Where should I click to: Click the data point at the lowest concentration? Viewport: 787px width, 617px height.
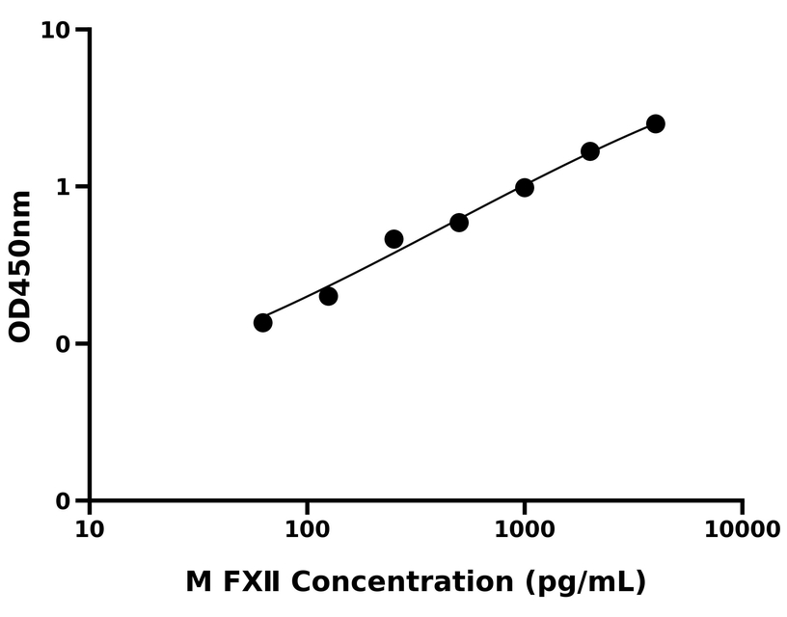262,322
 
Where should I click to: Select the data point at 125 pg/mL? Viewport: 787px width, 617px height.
328,296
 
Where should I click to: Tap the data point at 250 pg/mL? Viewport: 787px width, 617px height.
393,239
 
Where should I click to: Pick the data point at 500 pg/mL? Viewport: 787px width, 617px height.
459,223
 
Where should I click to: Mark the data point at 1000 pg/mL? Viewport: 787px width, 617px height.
525,187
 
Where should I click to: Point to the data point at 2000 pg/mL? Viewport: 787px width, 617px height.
590,151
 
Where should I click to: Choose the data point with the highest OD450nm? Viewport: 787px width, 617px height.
656,123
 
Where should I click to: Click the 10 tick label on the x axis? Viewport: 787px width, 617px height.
90,529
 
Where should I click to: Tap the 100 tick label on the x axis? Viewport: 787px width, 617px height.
308,529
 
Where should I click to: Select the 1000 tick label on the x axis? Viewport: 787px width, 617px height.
525,529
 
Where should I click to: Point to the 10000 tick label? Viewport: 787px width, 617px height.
742,529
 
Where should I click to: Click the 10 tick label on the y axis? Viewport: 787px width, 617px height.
57,31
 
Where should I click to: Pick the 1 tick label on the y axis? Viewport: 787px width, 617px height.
66,187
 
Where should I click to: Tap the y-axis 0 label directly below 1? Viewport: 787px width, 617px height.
66,344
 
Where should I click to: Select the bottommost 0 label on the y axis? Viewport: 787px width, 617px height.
66,501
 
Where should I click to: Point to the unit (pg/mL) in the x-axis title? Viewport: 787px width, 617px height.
586,583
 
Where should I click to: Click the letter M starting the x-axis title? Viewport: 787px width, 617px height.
198,582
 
